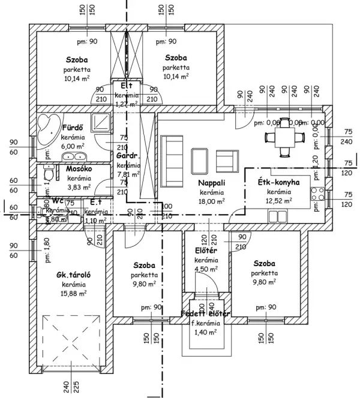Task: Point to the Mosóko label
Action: coord(79,169)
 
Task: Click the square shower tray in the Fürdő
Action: coord(101,122)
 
